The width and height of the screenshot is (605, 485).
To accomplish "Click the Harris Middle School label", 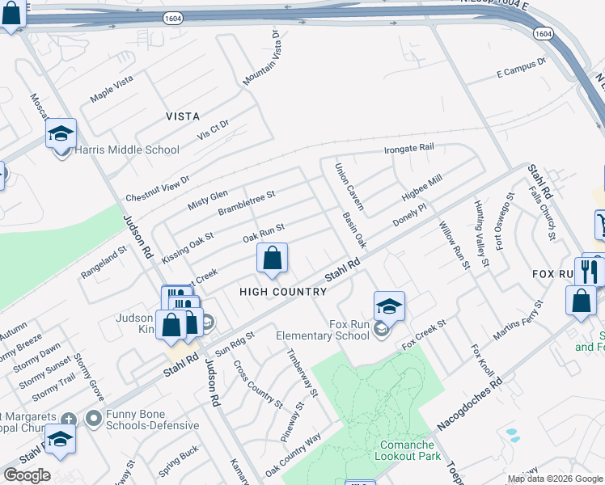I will click(127, 150).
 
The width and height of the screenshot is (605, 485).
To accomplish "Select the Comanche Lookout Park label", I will click(408, 450).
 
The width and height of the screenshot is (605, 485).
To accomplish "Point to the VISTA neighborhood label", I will click(183, 116).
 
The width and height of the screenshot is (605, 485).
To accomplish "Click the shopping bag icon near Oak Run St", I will click(273, 259).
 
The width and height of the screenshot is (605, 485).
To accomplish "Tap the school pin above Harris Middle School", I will click(61, 133).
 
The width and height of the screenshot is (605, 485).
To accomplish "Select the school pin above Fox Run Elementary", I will click(389, 306).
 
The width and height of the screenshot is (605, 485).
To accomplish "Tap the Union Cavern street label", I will click(349, 186).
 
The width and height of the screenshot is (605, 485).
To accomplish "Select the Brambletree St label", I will click(247, 203).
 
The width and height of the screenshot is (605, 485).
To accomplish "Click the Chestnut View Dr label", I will click(157, 189).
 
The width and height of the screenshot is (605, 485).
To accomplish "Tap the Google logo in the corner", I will click(27, 474).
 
